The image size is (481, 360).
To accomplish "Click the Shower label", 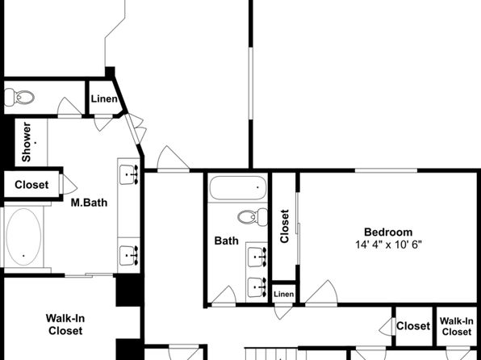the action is [x=27, y=142].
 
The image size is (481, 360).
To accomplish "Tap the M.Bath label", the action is [x=89, y=203].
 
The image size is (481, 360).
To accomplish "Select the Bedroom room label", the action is [x=388, y=232].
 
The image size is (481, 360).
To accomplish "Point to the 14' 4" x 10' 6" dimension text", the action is [x=388, y=245].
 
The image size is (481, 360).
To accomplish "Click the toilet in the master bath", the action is [x=19, y=98].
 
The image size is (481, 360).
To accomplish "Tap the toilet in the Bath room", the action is [x=253, y=217].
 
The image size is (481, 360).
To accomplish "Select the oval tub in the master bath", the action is [x=23, y=237].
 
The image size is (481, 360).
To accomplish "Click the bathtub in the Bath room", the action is [x=238, y=187].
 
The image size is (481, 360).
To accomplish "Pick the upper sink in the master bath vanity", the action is [x=129, y=174].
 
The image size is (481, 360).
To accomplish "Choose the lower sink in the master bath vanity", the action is [x=129, y=255].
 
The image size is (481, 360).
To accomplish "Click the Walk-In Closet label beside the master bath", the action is [x=65, y=324].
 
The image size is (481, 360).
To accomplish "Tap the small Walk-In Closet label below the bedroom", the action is [x=457, y=326].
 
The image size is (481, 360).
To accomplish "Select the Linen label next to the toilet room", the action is [x=104, y=98].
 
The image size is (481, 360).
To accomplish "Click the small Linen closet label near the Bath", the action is [x=284, y=294].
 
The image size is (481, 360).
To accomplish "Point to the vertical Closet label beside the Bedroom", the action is [x=284, y=226].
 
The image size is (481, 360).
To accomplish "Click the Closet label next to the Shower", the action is [x=31, y=185].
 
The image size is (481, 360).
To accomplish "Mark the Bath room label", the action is [x=227, y=241].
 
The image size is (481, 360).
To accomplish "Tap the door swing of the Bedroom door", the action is [x=321, y=291].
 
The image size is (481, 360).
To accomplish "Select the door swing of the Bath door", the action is [x=224, y=295].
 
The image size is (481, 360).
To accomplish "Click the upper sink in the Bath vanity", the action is [x=257, y=257].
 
